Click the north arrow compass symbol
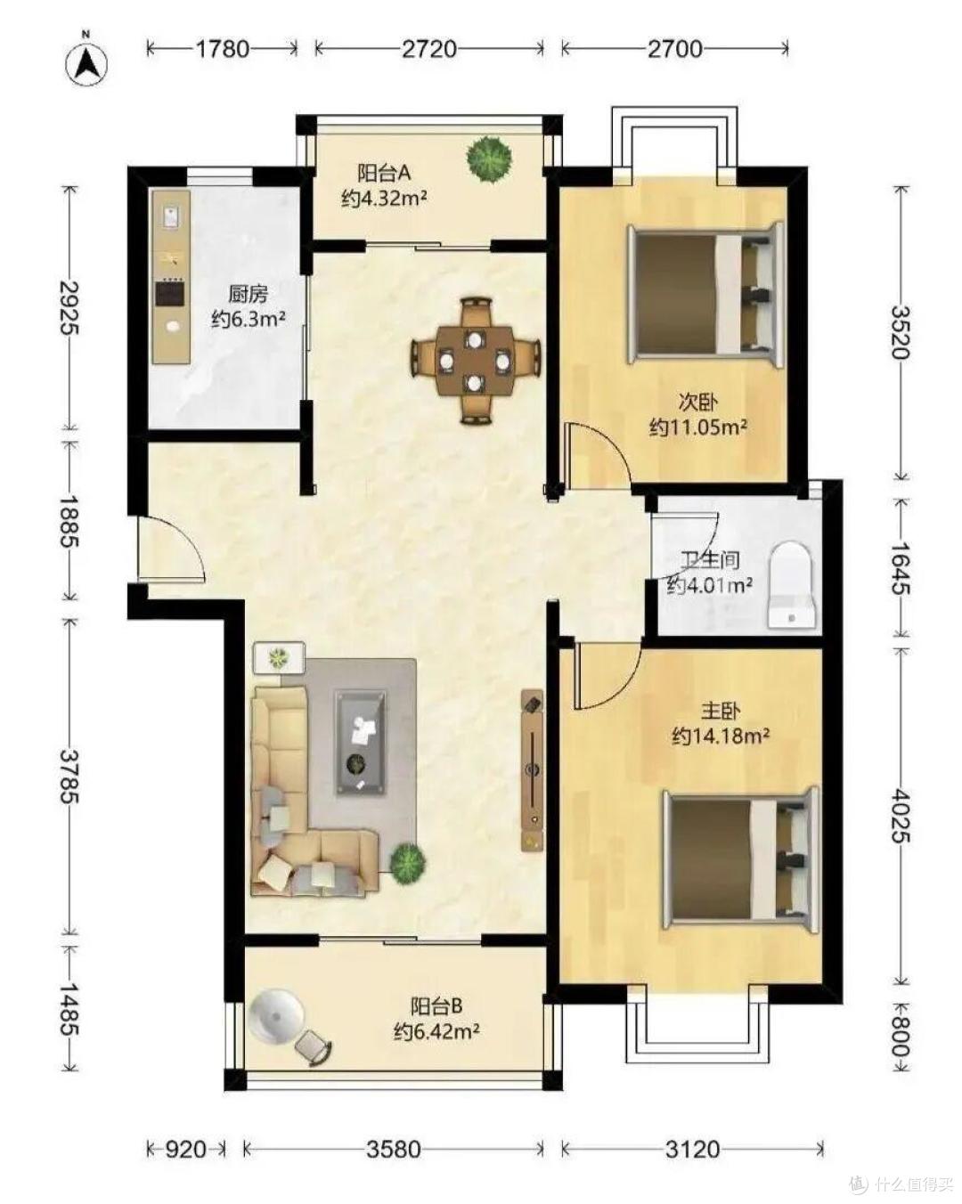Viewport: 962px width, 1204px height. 86,63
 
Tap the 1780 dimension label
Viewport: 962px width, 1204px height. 222,49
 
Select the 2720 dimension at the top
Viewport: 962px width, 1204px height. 428,49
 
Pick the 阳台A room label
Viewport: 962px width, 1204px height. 384,174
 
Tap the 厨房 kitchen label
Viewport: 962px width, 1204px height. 248,294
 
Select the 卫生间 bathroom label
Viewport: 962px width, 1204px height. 710,560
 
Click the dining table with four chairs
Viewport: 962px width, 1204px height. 475,362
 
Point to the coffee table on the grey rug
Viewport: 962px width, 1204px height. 361,743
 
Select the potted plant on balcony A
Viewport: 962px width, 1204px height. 489,159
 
